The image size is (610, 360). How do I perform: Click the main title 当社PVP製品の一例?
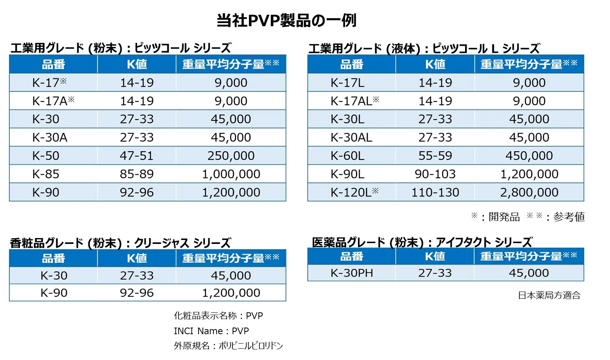(286, 20)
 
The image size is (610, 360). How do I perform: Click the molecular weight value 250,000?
(231, 156)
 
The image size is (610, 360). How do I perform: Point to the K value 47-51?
(137, 156)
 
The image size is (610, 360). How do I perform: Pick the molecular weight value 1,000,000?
(231, 174)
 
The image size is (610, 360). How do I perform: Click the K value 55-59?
(435, 156)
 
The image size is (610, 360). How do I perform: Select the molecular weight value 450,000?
(529, 156)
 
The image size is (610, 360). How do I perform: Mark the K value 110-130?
(435, 192)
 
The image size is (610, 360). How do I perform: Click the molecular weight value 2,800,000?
(529, 192)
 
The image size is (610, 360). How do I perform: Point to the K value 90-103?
(435, 174)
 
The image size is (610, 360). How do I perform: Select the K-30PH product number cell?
(352, 273)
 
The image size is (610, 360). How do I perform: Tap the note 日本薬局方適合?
(549, 296)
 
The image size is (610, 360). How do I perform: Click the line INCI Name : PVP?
(211, 331)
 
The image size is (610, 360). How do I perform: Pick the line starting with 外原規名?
(228, 346)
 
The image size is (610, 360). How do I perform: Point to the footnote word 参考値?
(569, 217)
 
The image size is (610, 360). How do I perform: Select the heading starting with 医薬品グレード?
(422, 242)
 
